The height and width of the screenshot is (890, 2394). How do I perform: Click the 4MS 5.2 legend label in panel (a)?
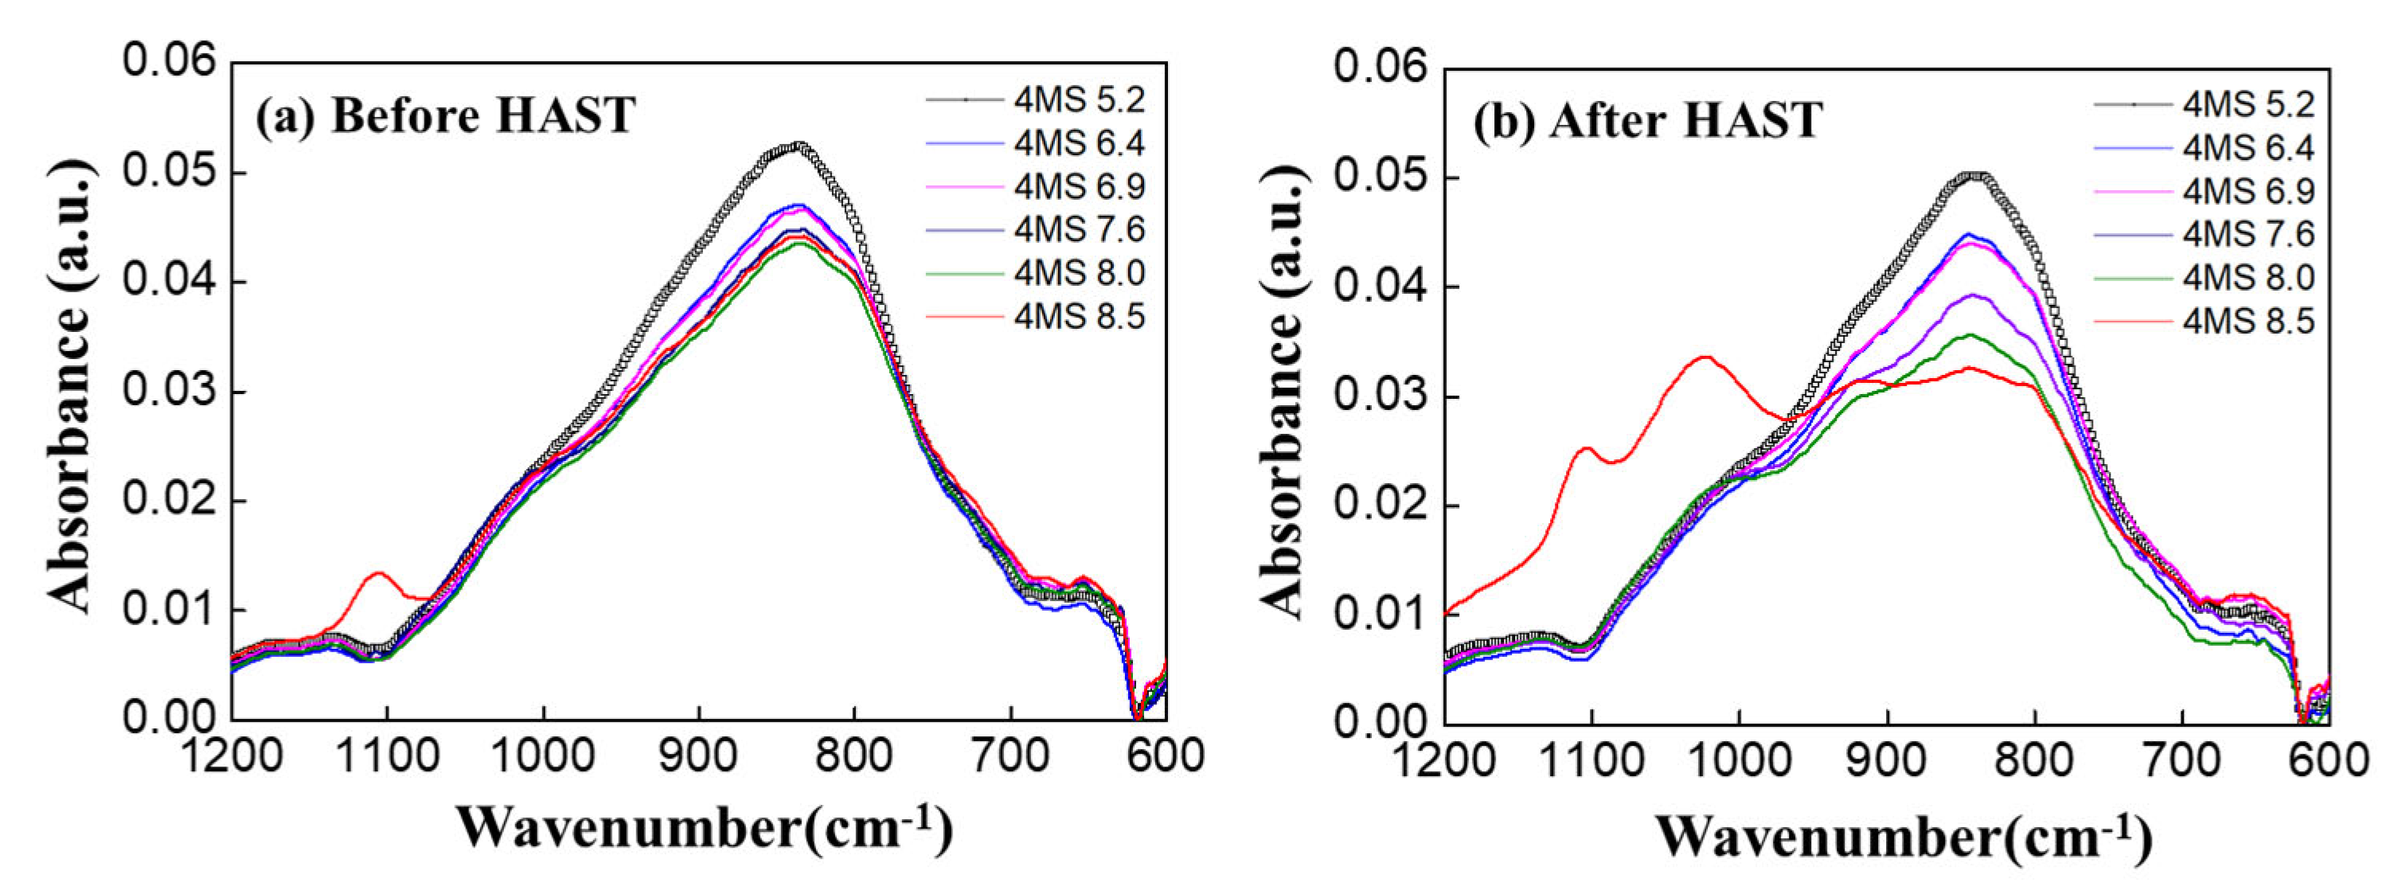[x=1079, y=100]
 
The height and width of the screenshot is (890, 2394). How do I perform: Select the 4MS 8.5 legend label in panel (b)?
[x=2248, y=322]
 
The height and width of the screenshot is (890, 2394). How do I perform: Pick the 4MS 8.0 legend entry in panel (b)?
[x=2248, y=278]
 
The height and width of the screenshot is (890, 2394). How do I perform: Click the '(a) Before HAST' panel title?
[x=445, y=117]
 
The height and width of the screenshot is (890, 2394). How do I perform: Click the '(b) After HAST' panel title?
[x=1646, y=122]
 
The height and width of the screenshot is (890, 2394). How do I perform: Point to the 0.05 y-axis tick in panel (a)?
[x=168, y=173]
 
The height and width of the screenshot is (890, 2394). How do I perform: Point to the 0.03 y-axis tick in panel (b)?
[x=1379, y=396]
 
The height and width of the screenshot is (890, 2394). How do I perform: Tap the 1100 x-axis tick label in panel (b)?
[x=1592, y=762]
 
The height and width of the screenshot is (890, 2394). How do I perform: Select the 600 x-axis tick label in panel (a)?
[x=1165, y=756]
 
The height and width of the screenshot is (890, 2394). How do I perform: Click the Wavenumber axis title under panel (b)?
[x=1904, y=836]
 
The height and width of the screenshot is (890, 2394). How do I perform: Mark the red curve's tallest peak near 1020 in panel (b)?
[x=1705, y=357]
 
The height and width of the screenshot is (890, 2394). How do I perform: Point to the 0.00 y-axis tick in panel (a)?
[x=168, y=718]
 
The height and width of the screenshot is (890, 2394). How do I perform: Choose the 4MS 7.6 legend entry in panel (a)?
[x=1079, y=229]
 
